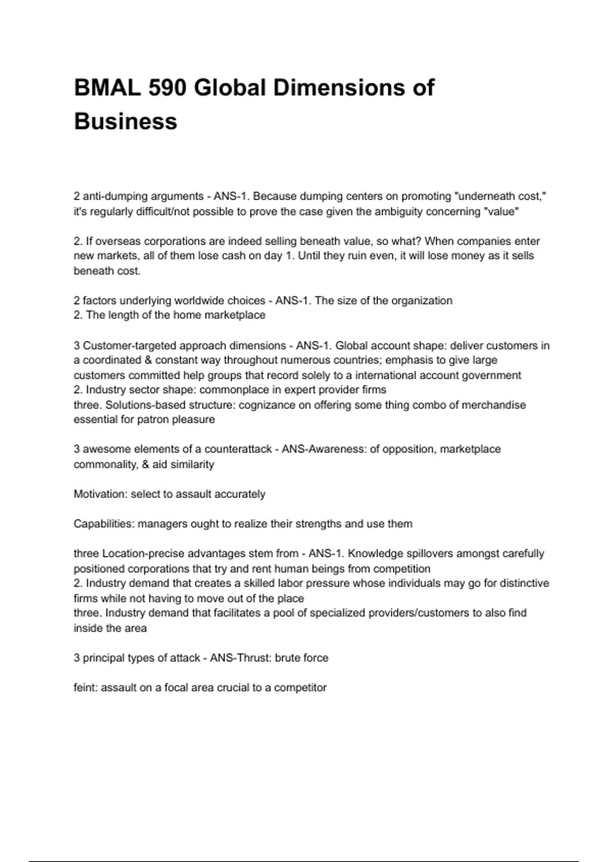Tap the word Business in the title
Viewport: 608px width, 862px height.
126,122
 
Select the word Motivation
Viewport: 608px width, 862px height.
100,494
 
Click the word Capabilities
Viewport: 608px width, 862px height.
103,524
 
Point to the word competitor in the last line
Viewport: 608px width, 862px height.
300,688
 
